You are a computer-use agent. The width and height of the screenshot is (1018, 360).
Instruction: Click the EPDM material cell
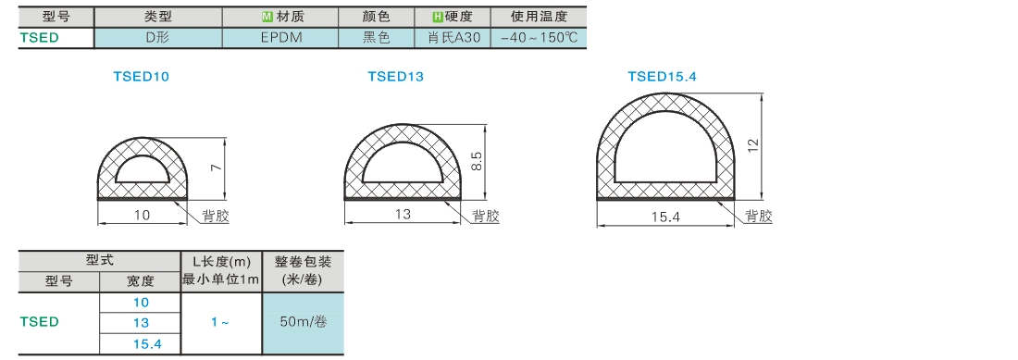coord(281,38)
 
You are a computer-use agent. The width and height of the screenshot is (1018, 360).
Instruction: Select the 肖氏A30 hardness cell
coord(453,38)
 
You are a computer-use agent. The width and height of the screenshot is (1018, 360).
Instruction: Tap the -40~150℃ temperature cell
coord(539,38)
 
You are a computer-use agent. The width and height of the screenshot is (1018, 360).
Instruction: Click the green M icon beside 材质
coord(266,17)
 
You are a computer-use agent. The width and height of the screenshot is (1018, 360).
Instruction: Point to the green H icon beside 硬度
coord(439,17)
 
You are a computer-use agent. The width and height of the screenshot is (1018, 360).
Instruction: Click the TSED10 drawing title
coord(141,77)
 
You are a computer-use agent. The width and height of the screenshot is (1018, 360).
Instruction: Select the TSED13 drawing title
coord(395,77)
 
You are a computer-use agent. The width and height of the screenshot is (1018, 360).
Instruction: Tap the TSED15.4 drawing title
coord(663,77)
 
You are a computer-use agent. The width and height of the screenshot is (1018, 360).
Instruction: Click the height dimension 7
coord(217,168)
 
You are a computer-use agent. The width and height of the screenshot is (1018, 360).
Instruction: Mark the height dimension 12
coord(752,145)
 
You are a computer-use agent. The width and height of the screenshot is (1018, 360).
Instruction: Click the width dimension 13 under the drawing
coord(403,215)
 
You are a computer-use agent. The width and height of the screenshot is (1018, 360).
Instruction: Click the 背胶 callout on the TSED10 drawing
coord(216,216)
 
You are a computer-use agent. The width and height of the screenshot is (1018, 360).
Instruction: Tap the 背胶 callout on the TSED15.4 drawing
coord(758,216)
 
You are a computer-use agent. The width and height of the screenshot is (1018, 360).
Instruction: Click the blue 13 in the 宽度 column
coord(141,323)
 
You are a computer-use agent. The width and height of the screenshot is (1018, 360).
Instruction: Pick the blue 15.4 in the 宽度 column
coord(141,343)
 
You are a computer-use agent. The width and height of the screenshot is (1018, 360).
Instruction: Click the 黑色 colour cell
coord(378,38)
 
